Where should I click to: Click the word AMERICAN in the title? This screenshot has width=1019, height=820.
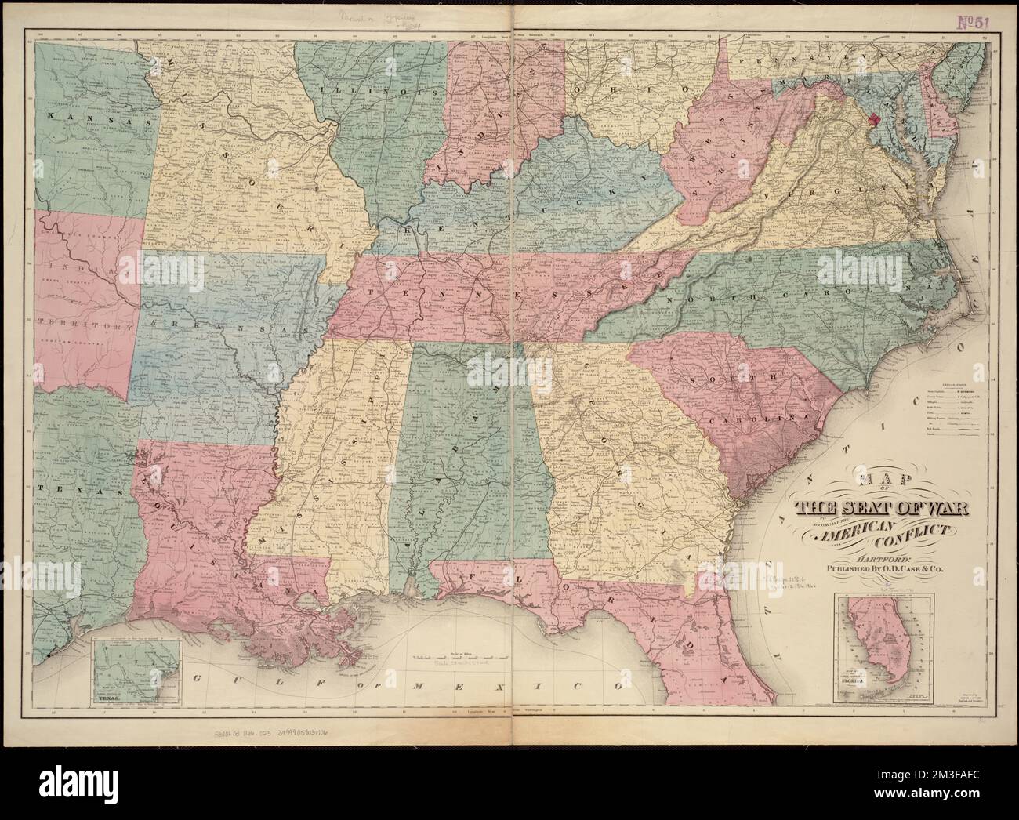tap(860, 535)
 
